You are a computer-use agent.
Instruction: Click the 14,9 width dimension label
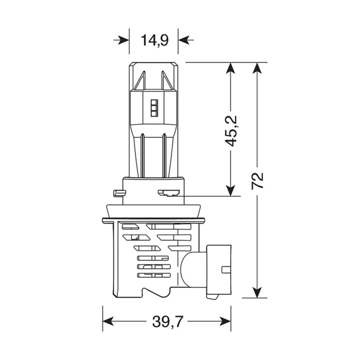(154, 40)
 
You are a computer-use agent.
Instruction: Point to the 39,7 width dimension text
(166, 322)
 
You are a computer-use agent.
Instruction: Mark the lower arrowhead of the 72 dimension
(257, 292)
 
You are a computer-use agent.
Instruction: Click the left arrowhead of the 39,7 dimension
(108, 322)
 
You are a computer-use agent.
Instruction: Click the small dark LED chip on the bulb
(154, 106)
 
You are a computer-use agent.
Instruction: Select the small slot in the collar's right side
(169, 193)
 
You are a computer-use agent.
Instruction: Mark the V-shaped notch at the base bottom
(148, 292)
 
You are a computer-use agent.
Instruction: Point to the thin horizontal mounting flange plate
(154, 220)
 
